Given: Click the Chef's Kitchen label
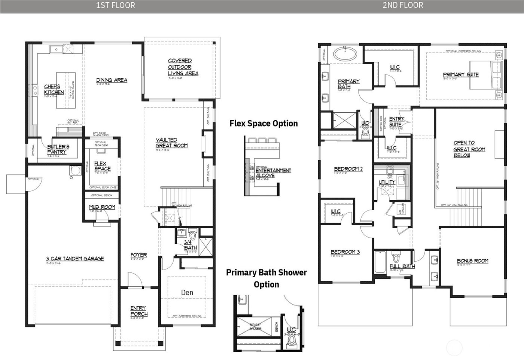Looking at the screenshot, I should [x=54, y=89].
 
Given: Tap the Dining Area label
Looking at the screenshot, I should [x=112, y=80].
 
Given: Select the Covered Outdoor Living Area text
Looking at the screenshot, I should [x=183, y=67].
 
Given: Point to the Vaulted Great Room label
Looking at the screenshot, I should [x=171, y=143].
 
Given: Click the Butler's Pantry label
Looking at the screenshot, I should [x=58, y=149].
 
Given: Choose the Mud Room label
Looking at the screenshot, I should [x=102, y=207].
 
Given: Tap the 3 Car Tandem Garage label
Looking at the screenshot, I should [x=75, y=258].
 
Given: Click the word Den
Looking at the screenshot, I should [x=187, y=292].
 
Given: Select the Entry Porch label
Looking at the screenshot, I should [x=138, y=311].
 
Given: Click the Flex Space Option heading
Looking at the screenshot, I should [x=263, y=123].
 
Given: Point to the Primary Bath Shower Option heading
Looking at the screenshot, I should [x=266, y=278].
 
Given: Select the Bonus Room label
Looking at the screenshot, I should [x=472, y=261].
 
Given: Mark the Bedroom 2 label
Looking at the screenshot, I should [x=348, y=169].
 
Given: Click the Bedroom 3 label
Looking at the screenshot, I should [x=345, y=252].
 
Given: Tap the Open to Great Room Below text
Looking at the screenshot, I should [x=469, y=149].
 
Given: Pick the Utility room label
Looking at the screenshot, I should [x=387, y=182].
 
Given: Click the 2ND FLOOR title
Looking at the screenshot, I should [x=402, y=5].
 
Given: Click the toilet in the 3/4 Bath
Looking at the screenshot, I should [x=193, y=236].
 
